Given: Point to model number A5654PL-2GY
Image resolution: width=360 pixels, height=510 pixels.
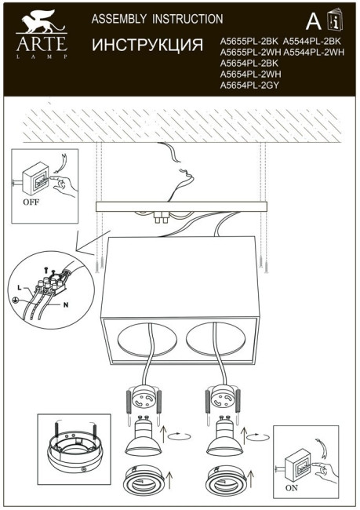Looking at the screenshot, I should coord(250,85).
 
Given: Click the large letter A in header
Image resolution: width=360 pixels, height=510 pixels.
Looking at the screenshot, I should coord(312,21).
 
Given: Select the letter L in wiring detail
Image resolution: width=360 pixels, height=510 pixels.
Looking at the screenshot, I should coord(19,289).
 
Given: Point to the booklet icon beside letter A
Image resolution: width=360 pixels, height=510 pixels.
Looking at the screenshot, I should coord(335,21).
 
